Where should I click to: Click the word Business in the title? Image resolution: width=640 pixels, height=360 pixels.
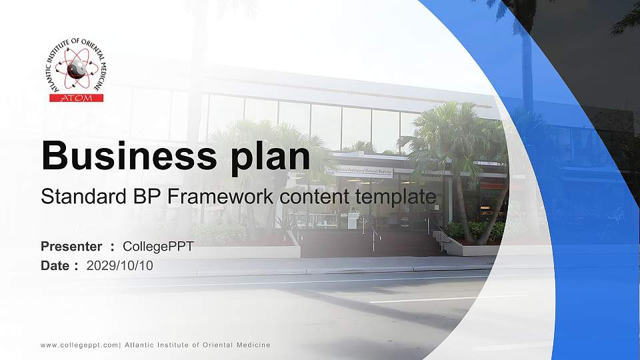(125, 156)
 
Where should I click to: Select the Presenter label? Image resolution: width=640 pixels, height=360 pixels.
(71, 247)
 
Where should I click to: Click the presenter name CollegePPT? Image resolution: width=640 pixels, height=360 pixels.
(158, 247)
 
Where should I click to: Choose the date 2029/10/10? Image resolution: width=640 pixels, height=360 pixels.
(119, 265)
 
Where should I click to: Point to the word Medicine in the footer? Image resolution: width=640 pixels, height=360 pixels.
(250, 345)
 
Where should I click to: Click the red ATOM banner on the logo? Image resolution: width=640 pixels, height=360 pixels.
(77, 98)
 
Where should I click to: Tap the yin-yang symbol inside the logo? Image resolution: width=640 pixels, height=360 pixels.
(77, 68)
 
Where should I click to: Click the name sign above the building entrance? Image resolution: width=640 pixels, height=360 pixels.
(359, 172)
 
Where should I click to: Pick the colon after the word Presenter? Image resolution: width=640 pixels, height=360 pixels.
(113, 247)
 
